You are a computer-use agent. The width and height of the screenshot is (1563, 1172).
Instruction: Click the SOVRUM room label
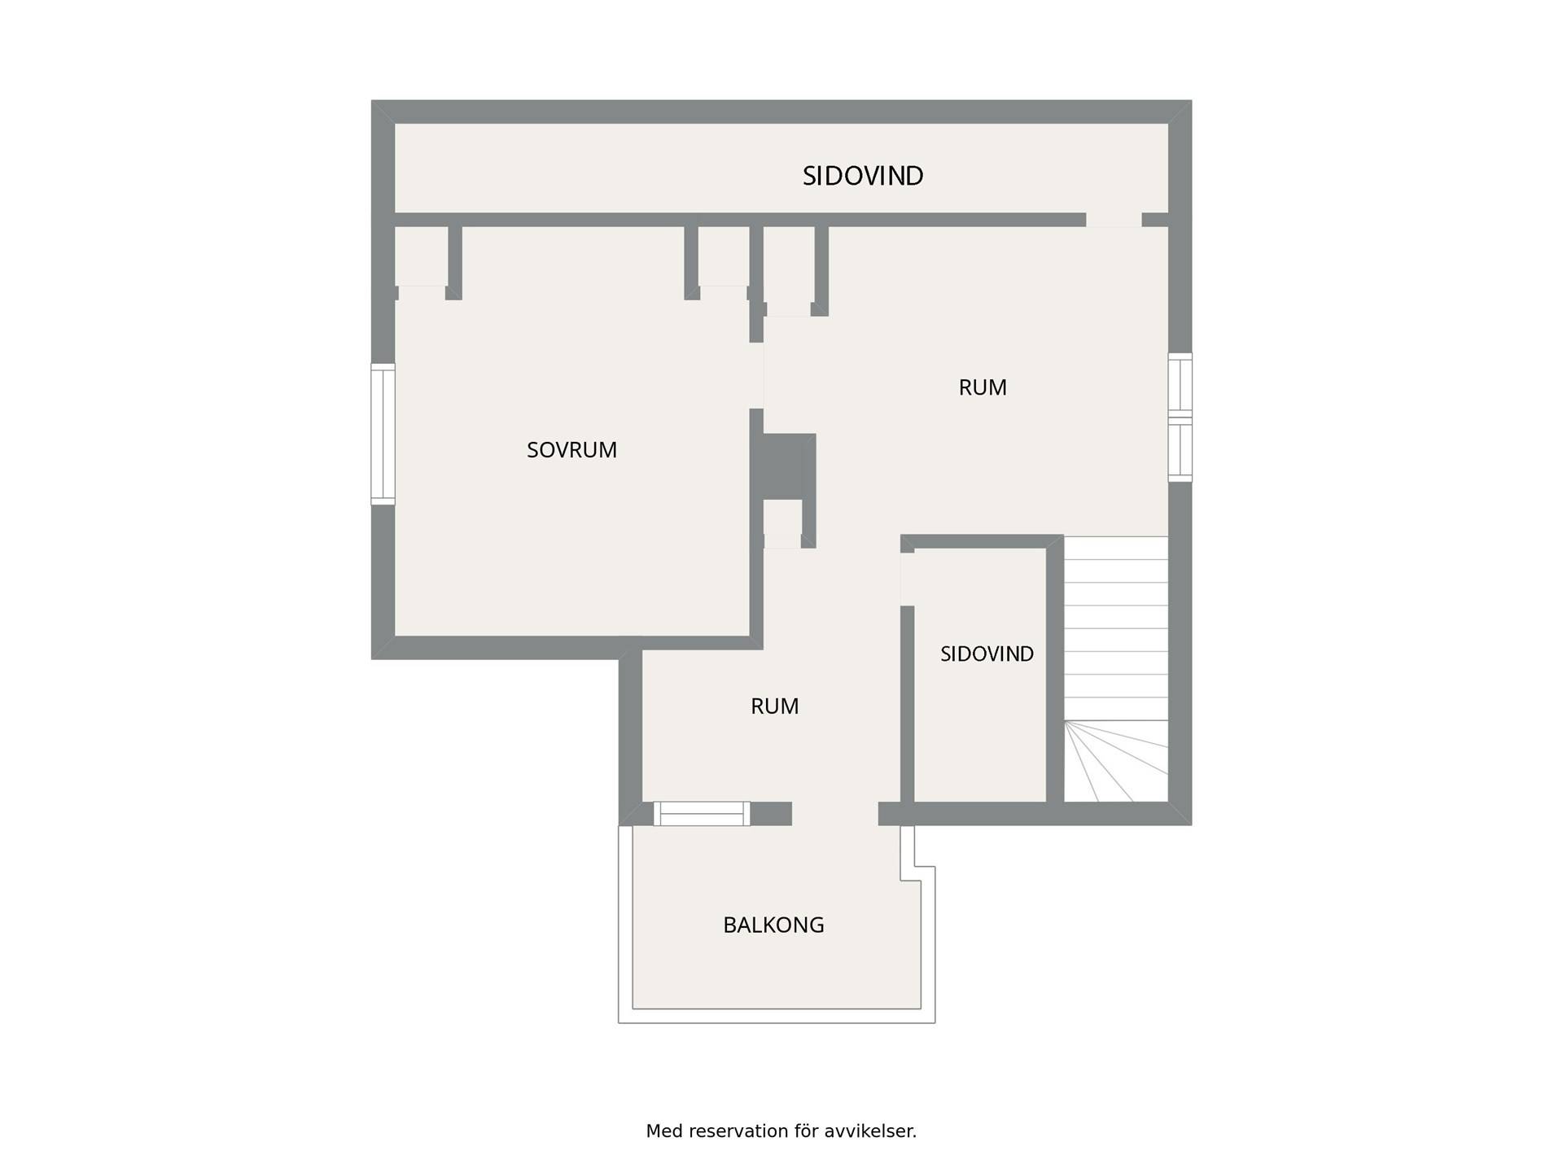571,450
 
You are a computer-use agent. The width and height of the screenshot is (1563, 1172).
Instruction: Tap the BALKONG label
773,925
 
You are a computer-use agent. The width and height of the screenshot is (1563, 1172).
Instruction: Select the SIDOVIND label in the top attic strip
863,176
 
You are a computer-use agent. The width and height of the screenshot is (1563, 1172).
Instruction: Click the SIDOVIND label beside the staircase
987,654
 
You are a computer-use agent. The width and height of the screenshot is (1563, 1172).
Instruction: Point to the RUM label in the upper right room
983,387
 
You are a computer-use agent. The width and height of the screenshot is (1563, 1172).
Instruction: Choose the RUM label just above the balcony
774,706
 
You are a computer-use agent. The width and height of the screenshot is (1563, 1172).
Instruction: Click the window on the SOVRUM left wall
383,434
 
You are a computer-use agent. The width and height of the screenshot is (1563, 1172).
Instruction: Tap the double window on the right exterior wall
1180,417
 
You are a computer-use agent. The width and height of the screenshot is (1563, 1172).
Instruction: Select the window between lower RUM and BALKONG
702,814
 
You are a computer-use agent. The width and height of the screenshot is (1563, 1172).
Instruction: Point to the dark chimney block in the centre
789,466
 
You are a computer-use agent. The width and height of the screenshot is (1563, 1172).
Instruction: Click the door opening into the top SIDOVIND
1114,220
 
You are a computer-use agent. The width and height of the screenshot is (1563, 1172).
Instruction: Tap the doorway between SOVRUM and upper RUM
756,375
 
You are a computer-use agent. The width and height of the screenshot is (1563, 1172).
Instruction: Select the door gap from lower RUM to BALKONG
834,814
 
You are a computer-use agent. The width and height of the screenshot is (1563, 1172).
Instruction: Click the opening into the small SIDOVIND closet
907,579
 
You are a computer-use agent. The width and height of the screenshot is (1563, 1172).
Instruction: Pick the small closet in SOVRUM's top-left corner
421,256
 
